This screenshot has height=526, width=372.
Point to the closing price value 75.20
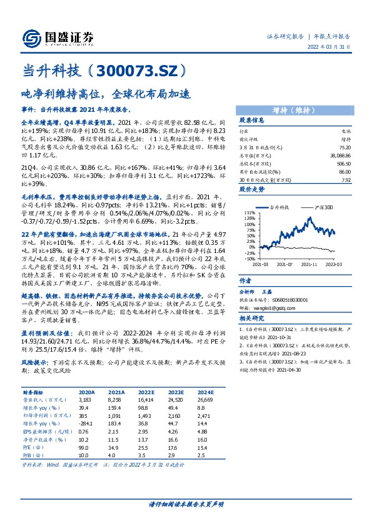click(343, 147)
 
